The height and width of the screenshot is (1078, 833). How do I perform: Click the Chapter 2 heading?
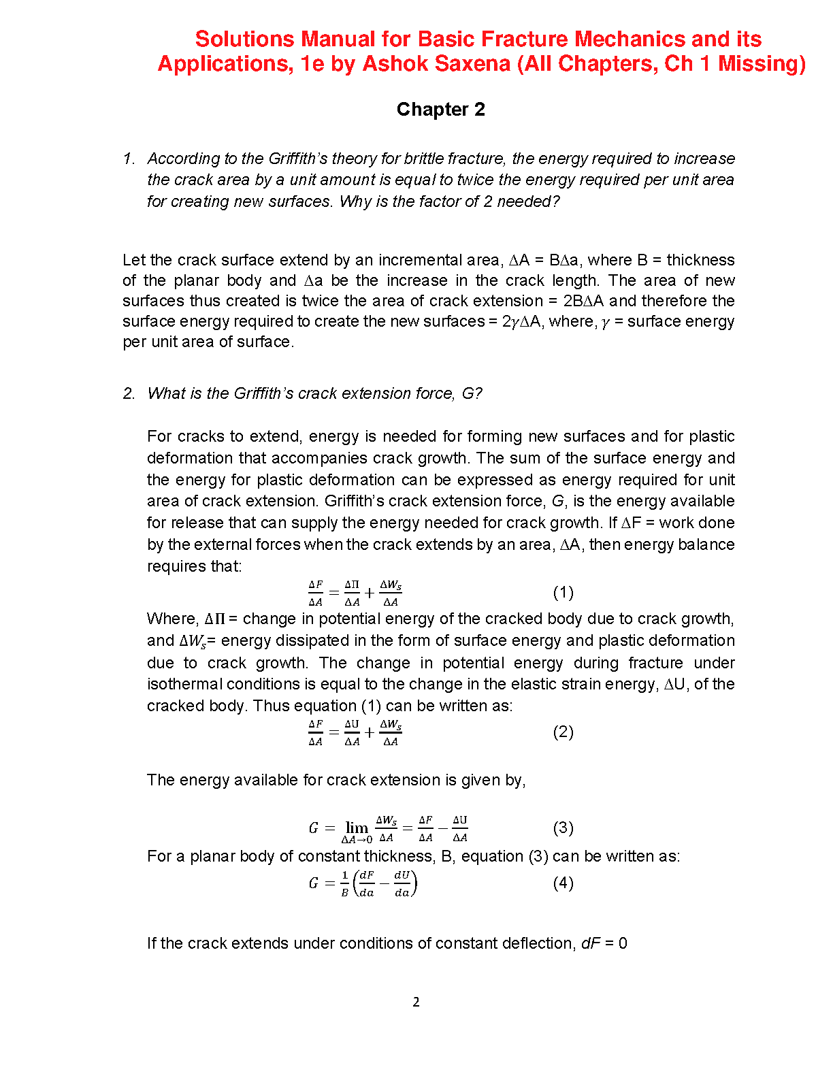click(440, 110)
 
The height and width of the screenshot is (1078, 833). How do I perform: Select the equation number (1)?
click(563, 593)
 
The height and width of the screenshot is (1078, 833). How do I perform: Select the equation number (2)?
click(563, 732)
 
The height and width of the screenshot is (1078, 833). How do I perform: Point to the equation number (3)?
click(563, 828)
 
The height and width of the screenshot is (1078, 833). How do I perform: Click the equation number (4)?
click(563, 883)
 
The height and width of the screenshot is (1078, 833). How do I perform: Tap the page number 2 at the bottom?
click(416, 1002)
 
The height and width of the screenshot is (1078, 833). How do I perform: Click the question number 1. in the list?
click(129, 159)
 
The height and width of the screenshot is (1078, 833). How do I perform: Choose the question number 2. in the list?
click(129, 394)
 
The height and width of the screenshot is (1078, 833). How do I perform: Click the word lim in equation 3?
click(357, 828)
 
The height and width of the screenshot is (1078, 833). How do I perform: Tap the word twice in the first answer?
click(321, 301)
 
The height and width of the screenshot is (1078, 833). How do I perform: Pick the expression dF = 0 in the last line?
click(604, 944)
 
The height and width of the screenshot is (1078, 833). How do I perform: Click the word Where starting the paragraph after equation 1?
click(172, 619)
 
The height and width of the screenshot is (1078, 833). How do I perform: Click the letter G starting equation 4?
click(314, 883)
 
